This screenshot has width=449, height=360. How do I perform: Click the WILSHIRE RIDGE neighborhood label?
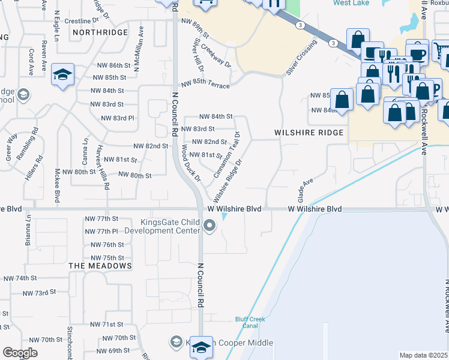(x=309, y=133)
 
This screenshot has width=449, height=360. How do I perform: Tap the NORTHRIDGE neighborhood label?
(x=100, y=32)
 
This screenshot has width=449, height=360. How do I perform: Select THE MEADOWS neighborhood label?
(x=100, y=265)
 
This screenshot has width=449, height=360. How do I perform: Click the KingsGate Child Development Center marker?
(x=209, y=226)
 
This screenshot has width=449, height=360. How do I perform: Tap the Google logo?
(x=20, y=353)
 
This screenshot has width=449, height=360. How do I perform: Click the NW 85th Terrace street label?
(x=205, y=85)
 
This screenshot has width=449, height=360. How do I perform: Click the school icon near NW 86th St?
(x=62, y=74)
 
